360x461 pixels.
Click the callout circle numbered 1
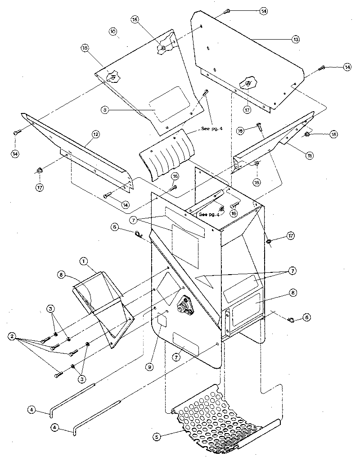pyautogui.click(x=83, y=261)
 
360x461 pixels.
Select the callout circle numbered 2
pyautogui.click(x=11, y=336)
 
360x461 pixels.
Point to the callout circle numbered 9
pyautogui.click(x=150, y=367)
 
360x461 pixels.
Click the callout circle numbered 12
pyautogui.click(x=96, y=134)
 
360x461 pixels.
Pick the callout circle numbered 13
pyautogui.click(x=296, y=40)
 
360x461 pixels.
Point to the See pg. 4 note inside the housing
pyautogui.click(x=209, y=215)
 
